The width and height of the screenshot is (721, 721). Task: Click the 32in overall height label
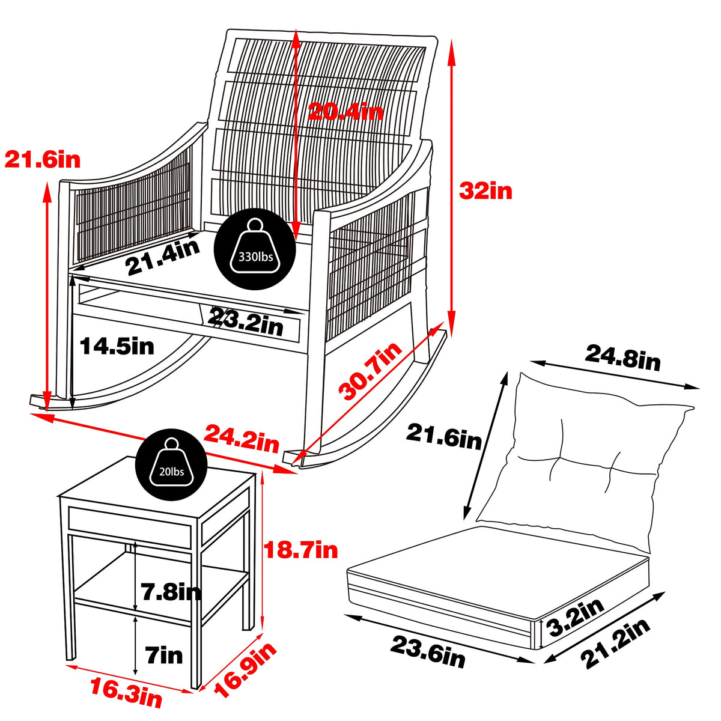coord(485,191)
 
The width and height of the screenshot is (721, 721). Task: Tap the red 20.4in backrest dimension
coord(345,111)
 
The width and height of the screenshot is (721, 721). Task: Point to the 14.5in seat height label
coord(117,346)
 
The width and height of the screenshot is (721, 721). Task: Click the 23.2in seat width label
coord(246,324)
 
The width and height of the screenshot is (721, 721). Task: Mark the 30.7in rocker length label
coord(370,372)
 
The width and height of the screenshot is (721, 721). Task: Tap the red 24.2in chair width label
coord(242,438)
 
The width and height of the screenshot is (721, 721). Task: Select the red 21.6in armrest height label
coord(42,159)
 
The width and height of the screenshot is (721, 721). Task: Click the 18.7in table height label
coord(302,549)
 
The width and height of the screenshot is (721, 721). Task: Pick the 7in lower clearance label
coord(164,654)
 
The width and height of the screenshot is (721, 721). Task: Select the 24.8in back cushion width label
coord(622,359)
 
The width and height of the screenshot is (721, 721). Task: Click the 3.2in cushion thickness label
coord(577,618)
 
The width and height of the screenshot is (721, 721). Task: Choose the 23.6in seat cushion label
coord(428,650)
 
